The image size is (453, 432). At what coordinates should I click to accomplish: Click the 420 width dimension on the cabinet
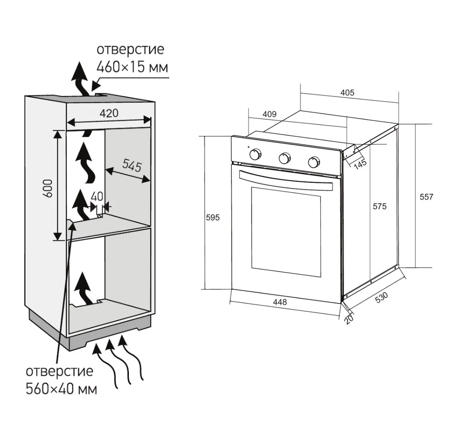(108, 113)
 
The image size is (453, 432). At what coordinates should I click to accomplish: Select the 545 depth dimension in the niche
(132, 165)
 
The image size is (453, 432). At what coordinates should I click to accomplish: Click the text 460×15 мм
(132, 67)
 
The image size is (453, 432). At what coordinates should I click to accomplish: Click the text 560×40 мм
(61, 388)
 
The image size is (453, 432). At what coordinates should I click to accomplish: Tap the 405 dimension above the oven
(347, 92)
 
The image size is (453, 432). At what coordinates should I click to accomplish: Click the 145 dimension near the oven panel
(360, 163)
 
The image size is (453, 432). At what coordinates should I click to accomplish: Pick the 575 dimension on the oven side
(379, 206)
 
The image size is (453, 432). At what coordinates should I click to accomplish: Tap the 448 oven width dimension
(280, 302)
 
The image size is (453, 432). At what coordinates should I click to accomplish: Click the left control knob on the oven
(255, 155)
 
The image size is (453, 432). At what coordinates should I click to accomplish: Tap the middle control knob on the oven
(284, 158)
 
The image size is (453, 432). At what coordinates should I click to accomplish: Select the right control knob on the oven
(314, 162)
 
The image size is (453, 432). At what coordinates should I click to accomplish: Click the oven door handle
(286, 179)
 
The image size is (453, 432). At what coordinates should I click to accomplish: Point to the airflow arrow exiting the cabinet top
(81, 79)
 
